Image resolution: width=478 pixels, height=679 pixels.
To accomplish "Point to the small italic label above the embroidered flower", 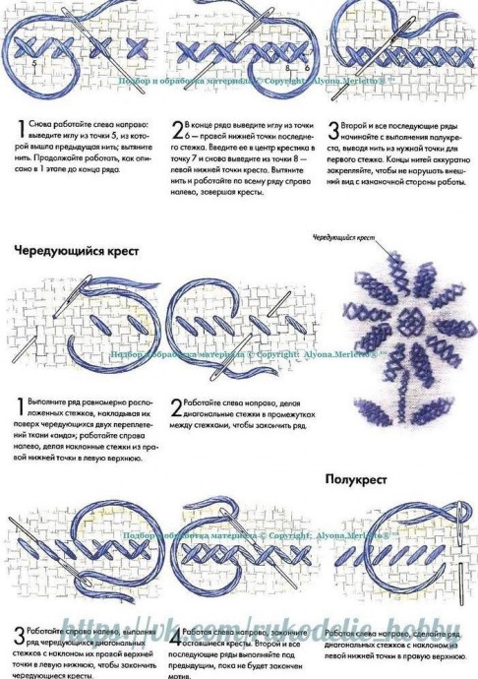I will (x=343, y=238).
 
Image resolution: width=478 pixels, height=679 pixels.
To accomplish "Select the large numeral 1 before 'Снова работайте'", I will (x=21, y=128).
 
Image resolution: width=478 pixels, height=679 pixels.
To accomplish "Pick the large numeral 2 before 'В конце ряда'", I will (x=178, y=128).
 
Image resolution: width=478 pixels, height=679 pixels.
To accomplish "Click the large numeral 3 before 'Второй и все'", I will (x=334, y=128).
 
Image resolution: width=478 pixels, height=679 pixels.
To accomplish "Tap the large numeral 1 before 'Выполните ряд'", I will (x=21, y=407).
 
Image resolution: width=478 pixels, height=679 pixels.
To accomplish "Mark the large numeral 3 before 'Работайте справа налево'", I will (x=20, y=635).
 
